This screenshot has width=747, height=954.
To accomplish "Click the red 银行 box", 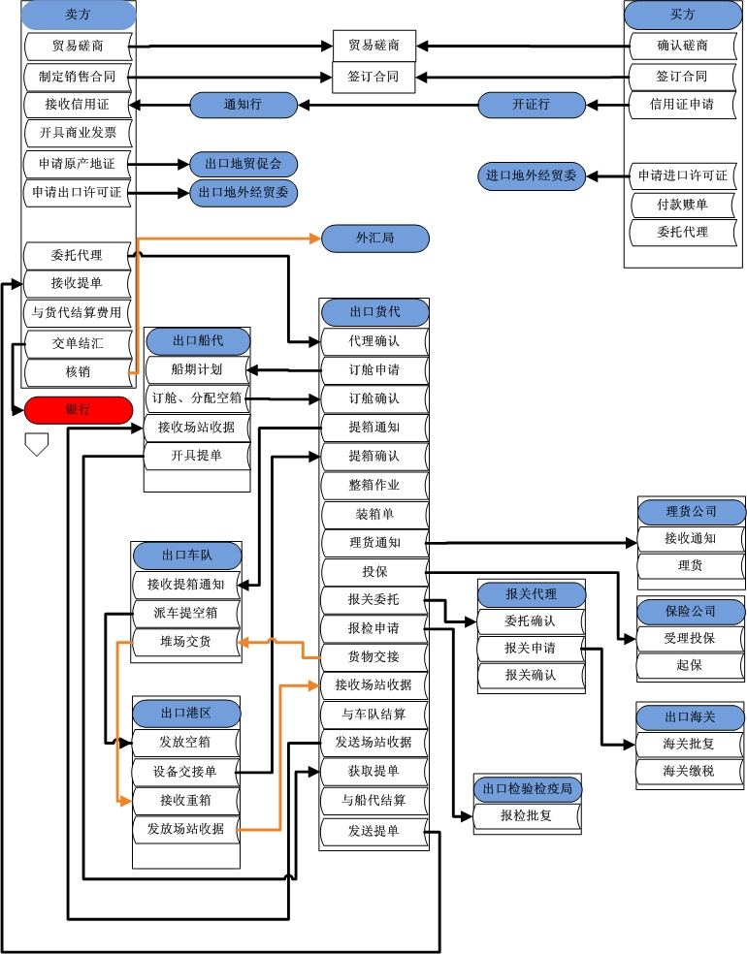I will (x=78, y=410).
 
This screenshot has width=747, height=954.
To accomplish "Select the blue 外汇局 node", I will (x=374, y=238).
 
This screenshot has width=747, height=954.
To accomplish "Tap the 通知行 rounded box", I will (x=243, y=105).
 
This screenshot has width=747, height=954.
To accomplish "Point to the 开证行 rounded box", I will (x=532, y=105).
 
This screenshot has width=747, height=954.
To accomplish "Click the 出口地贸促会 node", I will (x=244, y=164).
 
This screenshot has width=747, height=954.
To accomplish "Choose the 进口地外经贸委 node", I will (x=532, y=175).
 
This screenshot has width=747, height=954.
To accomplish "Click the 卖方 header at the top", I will (x=78, y=16).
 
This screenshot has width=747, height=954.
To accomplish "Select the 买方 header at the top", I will (x=683, y=16).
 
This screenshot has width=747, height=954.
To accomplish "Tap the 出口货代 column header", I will (x=374, y=312).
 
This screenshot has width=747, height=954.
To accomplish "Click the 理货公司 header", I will (x=691, y=511).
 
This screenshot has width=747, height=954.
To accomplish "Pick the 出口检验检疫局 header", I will (x=527, y=789).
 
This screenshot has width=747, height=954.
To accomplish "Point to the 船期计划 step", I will (x=196, y=369).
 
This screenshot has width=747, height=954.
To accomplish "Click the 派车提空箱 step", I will (x=185, y=613).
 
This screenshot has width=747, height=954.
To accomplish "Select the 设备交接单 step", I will (x=184, y=772).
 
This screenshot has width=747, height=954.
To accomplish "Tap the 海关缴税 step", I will (x=689, y=772).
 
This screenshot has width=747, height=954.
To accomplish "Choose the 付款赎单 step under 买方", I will (x=682, y=205).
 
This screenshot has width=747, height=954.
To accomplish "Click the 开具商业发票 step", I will (x=78, y=133).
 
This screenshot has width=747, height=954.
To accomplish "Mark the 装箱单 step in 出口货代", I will (x=374, y=514).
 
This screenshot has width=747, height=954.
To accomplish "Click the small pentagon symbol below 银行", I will (x=36, y=445).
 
